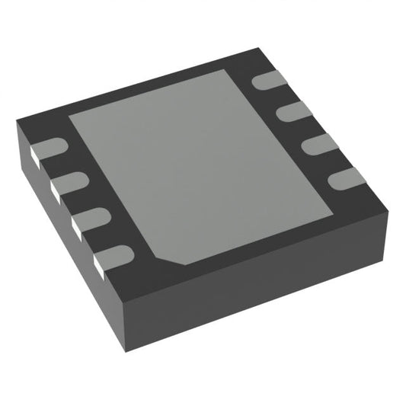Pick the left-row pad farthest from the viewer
(50, 149)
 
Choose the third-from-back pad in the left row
(87, 219)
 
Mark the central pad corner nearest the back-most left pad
(71, 118)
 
